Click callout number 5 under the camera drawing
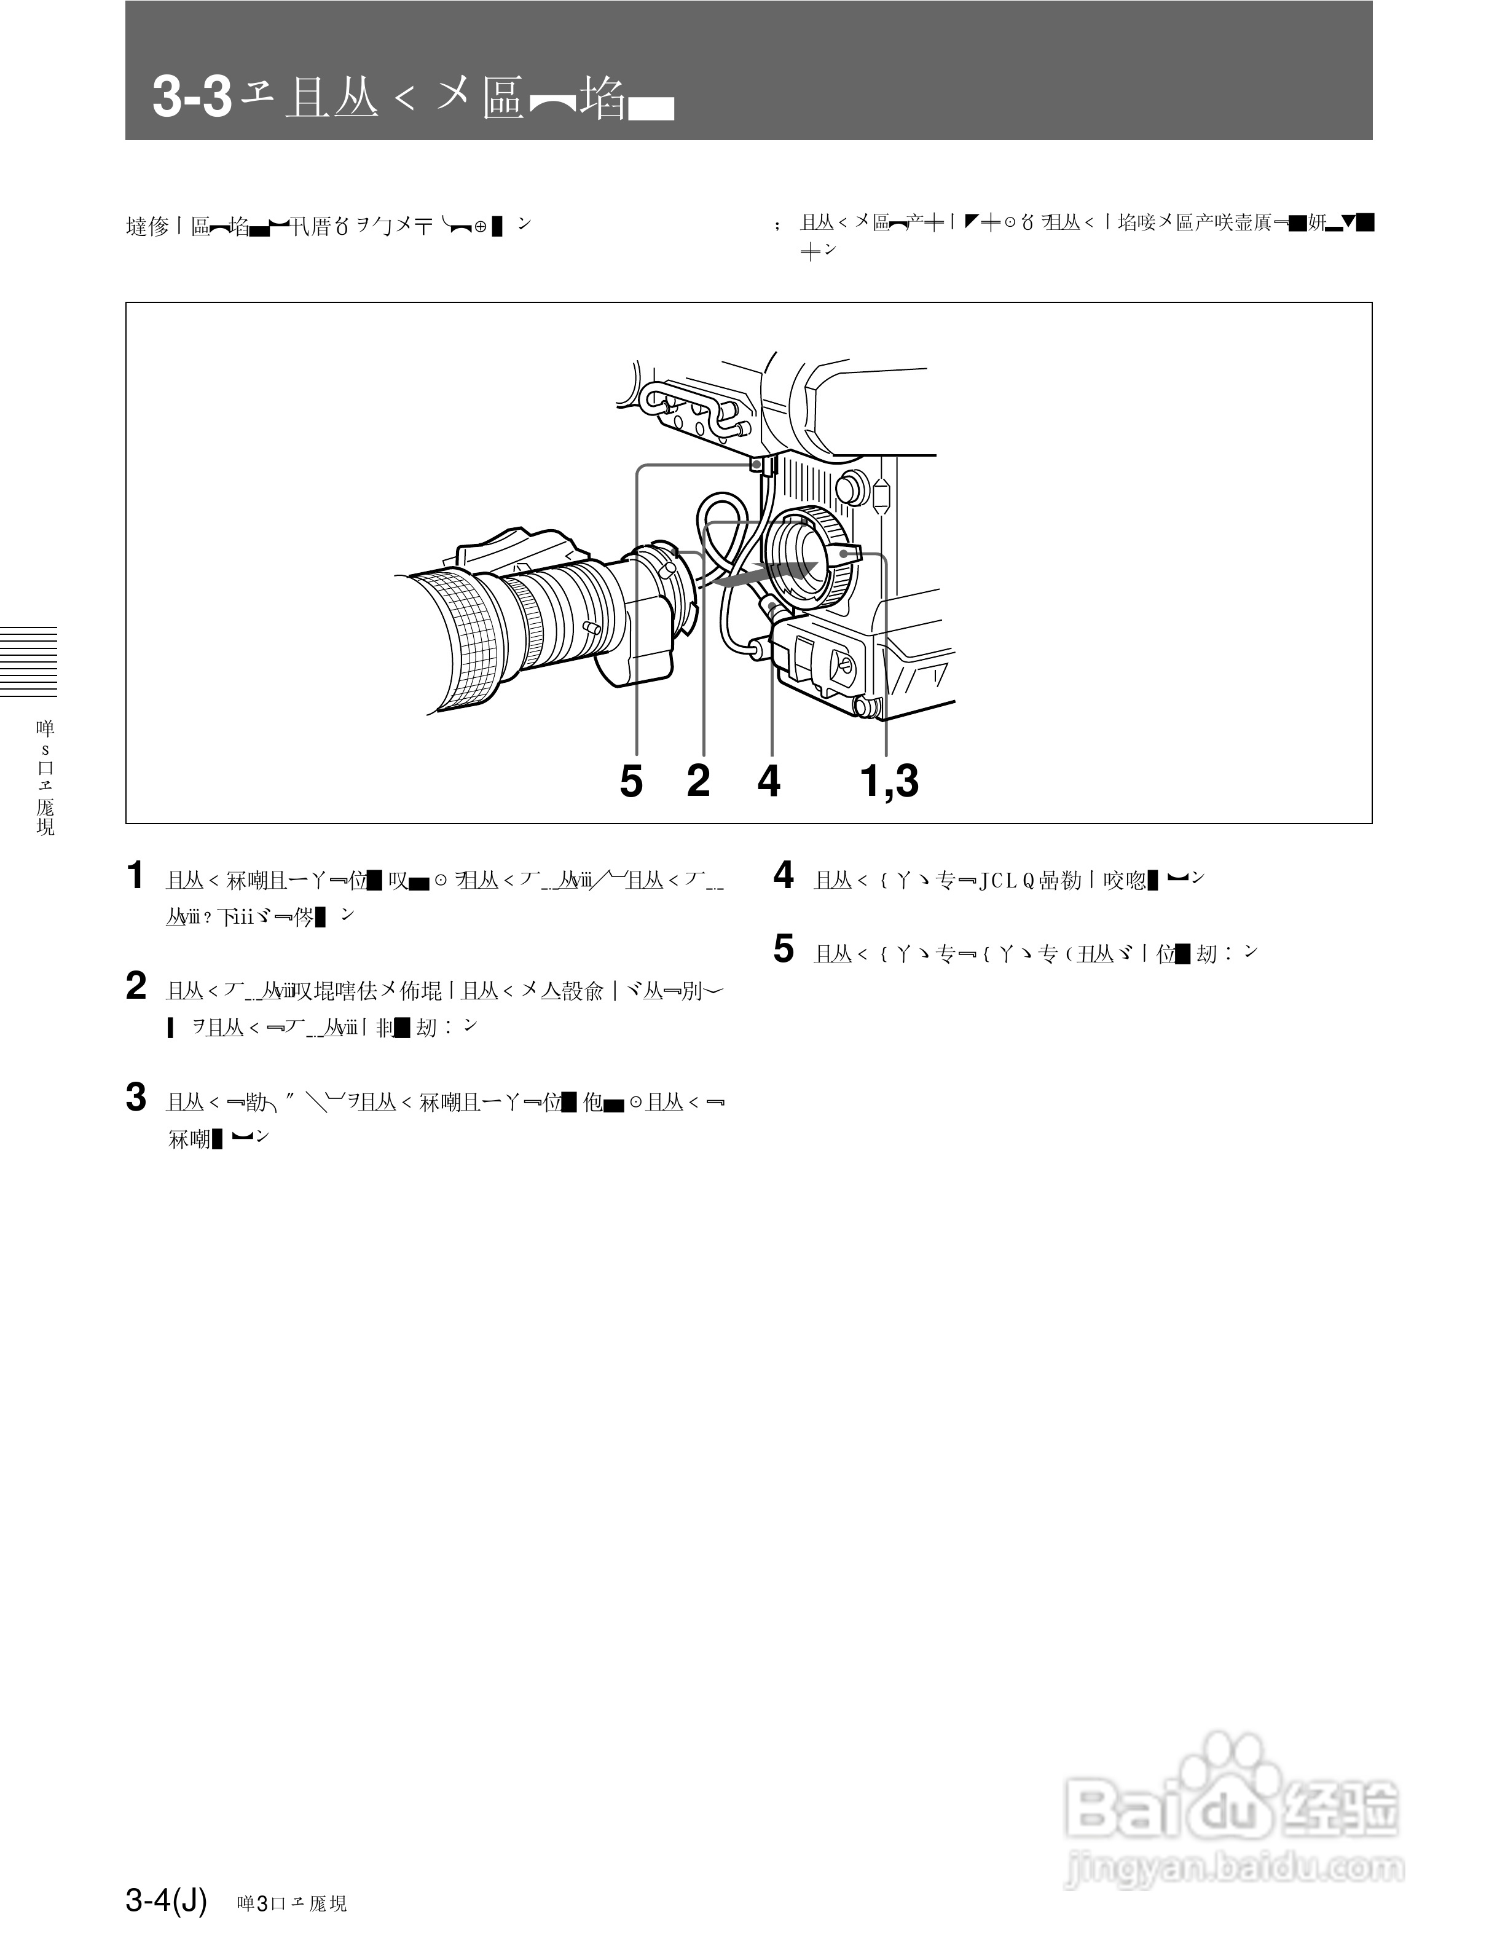pyautogui.click(x=631, y=782)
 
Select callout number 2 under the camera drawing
pyautogui.click(x=699, y=782)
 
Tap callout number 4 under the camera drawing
pyautogui.click(x=769, y=782)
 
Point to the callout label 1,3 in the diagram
pyautogui.click(x=889, y=782)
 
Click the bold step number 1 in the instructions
pyautogui.click(x=135, y=876)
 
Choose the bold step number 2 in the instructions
pyautogui.click(x=135, y=986)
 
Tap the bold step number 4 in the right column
pyautogui.click(x=784, y=876)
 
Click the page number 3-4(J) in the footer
pyautogui.click(x=166, y=1900)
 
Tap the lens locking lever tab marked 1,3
pyautogui.click(x=847, y=554)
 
